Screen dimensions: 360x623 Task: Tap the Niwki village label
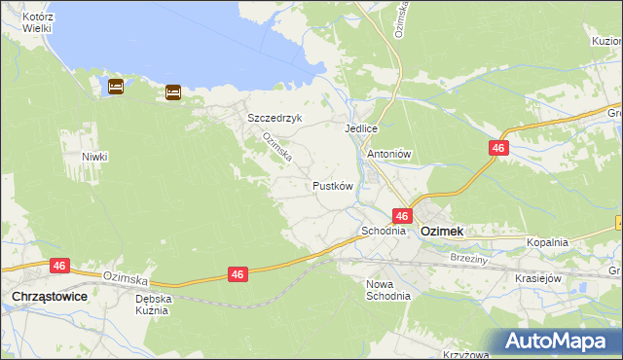(94, 157)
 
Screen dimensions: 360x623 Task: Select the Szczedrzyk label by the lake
(275, 118)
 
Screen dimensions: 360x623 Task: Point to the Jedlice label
(360, 128)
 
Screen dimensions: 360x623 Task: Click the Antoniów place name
(390, 154)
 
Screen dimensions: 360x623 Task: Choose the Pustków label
(332, 185)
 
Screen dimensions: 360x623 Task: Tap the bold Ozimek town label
(441, 232)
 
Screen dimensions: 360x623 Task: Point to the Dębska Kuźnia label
(154, 305)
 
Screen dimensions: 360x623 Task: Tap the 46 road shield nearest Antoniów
(498, 147)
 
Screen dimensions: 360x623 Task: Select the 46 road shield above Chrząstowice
(60, 265)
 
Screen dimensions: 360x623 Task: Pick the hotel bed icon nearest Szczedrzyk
(173, 92)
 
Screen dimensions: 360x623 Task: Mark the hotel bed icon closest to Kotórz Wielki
(115, 87)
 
